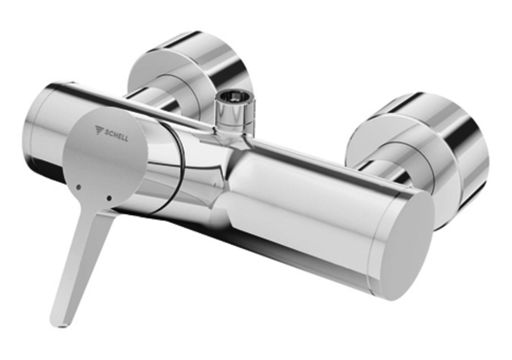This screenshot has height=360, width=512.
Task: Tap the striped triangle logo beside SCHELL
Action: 99,130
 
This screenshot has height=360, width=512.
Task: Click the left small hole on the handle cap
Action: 79,186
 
